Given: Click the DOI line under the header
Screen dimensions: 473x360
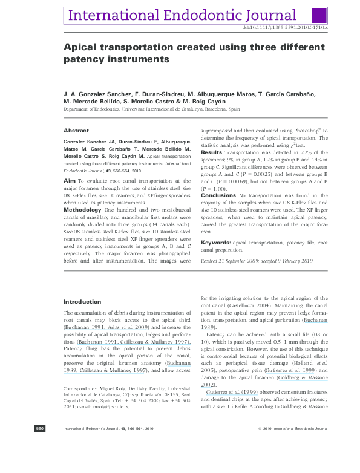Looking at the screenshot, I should click(x=284, y=28).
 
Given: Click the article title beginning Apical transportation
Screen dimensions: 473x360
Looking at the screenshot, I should click(x=194, y=53).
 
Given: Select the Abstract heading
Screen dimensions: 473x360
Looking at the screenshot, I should click(x=76, y=131).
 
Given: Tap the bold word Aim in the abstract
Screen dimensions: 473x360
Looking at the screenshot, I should click(x=70, y=180).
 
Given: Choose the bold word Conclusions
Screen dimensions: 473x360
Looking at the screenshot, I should click(x=218, y=195).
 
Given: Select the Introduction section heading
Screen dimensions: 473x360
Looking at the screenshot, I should click(x=82, y=302).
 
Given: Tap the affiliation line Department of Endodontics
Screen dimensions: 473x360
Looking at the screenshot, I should click(x=151, y=109).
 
